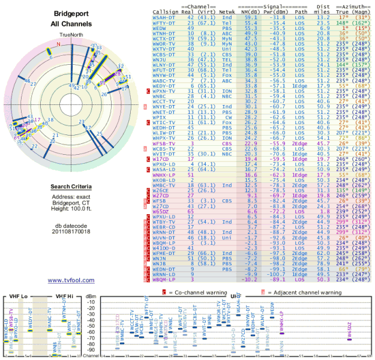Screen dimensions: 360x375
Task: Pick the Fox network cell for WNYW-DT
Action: click(226, 74)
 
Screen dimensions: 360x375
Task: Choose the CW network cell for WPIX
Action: click(226, 118)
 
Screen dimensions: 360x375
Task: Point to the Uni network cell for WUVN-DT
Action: click(226, 238)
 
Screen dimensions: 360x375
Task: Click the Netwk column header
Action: click(227, 11)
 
